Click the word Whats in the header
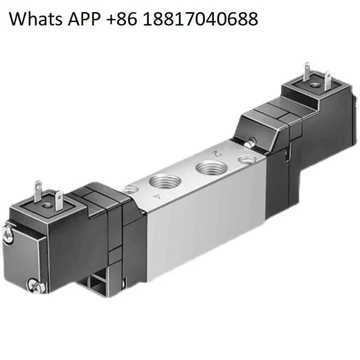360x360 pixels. tap(36, 18)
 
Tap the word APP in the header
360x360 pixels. tap(84, 18)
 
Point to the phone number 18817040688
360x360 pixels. tap(201, 19)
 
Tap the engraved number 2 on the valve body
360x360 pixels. tap(216, 153)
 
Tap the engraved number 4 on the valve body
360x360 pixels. tap(157, 197)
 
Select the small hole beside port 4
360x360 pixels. tap(131, 189)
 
